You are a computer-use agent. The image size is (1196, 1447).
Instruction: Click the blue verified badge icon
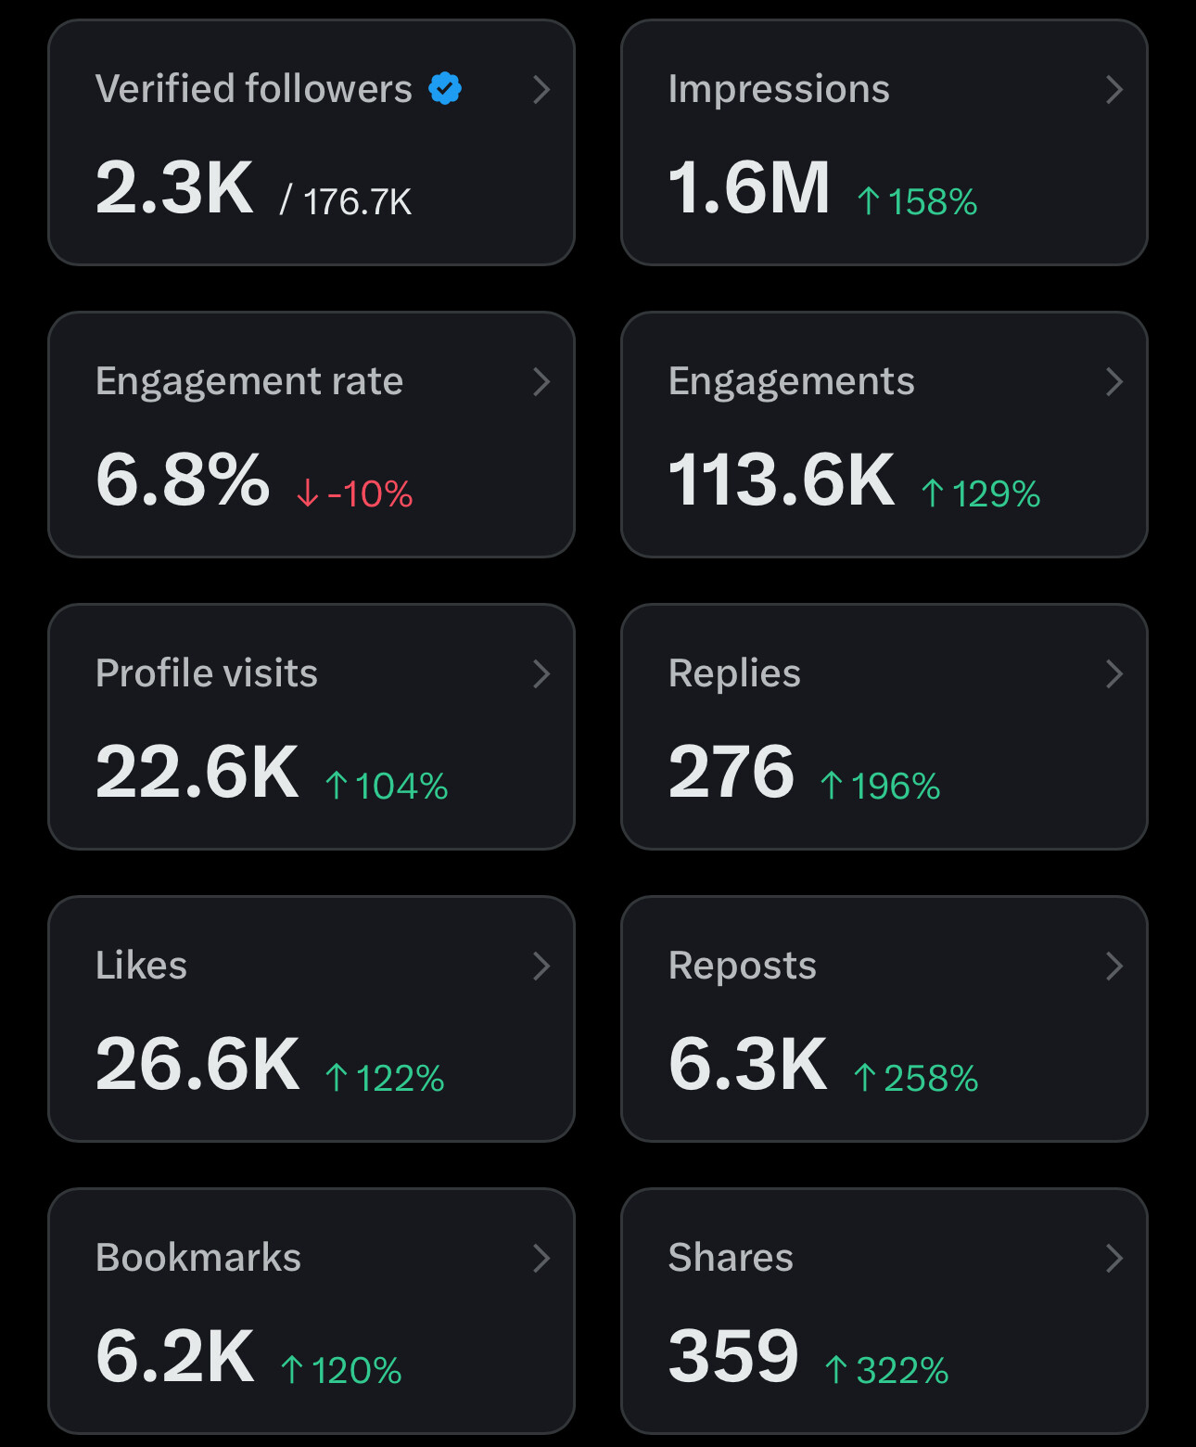[445, 89]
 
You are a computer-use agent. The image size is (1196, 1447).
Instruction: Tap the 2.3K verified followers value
[174, 188]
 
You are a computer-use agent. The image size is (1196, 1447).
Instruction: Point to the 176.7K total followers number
[357, 201]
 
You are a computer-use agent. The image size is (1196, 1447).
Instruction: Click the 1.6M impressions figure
[748, 188]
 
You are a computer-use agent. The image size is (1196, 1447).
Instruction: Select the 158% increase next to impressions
[918, 201]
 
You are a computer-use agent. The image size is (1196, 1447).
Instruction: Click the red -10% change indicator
[355, 493]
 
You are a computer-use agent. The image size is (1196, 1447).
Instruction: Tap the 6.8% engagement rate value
[183, 480]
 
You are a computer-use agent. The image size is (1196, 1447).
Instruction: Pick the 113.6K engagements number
[782, 480]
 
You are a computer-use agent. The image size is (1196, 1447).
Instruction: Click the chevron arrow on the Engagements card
[1114, 381]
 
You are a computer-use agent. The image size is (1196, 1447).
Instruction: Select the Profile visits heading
[207, 673]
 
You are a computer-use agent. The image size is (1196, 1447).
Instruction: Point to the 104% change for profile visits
[387, 786]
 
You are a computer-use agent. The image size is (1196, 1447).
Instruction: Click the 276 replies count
[732, 773]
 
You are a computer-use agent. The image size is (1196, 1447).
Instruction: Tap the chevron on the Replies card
[1114, 673]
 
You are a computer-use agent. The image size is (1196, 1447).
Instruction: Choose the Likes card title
[141, 966]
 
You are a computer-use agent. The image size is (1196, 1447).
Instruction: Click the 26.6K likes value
[197, 1065]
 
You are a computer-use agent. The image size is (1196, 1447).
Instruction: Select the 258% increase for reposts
[916, 1078]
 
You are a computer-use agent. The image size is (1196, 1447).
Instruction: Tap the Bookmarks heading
[198, 1258]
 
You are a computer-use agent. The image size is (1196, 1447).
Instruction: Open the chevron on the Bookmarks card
[541, 1258]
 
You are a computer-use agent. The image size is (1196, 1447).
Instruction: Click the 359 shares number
[733, 1357]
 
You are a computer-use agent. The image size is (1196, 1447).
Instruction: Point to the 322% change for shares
[887, 1370]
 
